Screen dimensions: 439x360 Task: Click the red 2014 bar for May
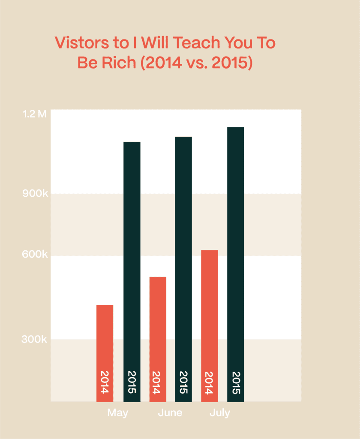[x=105, y=334]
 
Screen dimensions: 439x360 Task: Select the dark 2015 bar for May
[x=132, y=257]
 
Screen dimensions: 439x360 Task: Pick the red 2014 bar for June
[x=158, y=322]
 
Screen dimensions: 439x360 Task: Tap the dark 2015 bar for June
[x=183, y=257]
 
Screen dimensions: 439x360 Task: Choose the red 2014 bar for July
[x=209, y=309]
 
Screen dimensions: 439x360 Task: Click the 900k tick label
[x=35, y=194]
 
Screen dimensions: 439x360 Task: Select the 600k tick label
[x=35, y=255]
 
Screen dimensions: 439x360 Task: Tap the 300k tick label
[x=35, y=340]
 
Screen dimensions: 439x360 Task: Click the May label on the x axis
[x=118, y=413]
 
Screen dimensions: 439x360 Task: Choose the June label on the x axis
[x=170, y=413]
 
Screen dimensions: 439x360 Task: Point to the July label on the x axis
[x=220, y=413]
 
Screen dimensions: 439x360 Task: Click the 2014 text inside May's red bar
[x=105, y=382]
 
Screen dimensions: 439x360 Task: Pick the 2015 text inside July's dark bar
[x=235, y=382]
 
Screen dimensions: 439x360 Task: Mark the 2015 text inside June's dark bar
[x=183, y=382]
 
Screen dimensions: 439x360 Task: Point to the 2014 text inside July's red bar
[x=209, y=382]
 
